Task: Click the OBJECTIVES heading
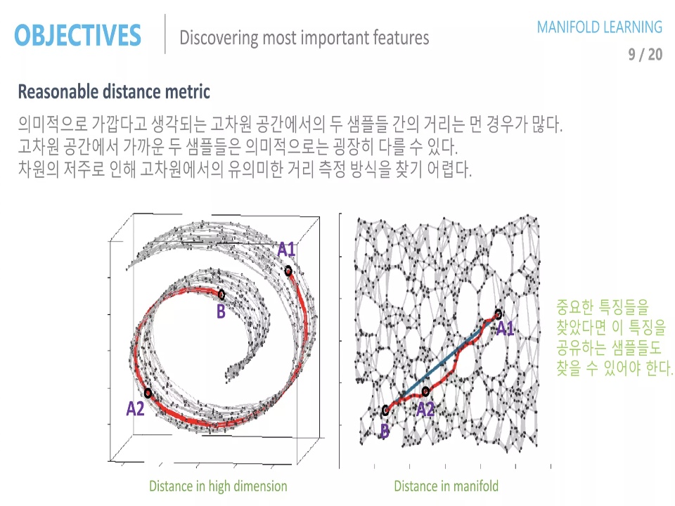pyautogui.click(x=77, y=35)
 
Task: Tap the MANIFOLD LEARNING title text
pyautogui.click(x=599, y=27)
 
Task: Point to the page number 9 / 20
pyautogui.click(x=645, y=54)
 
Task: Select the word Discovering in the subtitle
pyautogui.click(x=219, y=38)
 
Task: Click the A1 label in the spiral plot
pyautogui.click(x=286, y=249)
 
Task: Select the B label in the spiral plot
pyautogui.click(x=221, y=311)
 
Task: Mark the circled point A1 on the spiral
pyautogui.click(x=288, y=271)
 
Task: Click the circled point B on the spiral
pyautogui.click(x=221, y=294)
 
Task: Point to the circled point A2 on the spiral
pyautogui.click(x=148, y=394)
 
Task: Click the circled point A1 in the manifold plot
pyautogui.click(x=498, y=313)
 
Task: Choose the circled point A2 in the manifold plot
pyautogui.click(x=425, y=391)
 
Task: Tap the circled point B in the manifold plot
pyautogui.click(x=386, y=410)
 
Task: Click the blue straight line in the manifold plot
pyautogui.click(x=442, y=362)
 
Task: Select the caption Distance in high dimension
pyautogui.click(x=218, y=486)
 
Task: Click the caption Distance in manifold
pyautogui.click(x=446, y=486)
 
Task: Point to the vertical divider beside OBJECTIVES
pyautogui.click(x=165, y=34)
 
